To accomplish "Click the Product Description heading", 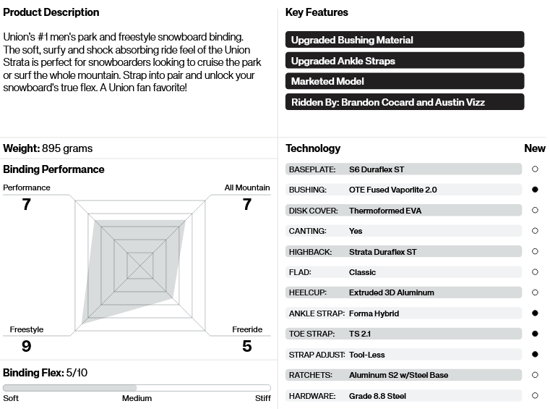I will coord(51,12).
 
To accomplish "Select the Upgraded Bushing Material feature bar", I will coord(404,40).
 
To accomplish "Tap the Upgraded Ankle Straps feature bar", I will coord(404,61).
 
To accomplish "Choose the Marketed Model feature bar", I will coord(404,81).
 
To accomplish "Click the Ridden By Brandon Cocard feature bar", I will coord(404,102).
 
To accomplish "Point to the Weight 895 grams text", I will coord(48,148).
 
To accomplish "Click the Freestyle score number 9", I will coord(27,346).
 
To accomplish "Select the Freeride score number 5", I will coord(247,346).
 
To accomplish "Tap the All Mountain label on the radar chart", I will coord(246,187).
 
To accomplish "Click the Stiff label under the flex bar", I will coord(263,398).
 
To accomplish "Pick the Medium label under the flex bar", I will coord(137,398).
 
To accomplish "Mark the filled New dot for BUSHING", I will coord(535,190).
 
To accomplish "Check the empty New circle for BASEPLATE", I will coord(535,169).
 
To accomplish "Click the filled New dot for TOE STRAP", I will coord(535,334).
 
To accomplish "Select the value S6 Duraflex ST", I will coord(377,169).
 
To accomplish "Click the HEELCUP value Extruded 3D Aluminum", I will coord(391,292).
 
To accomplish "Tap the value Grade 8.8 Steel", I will coord(377,396).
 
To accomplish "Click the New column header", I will coord(535,148).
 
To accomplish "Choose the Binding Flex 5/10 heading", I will coord(46,372).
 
